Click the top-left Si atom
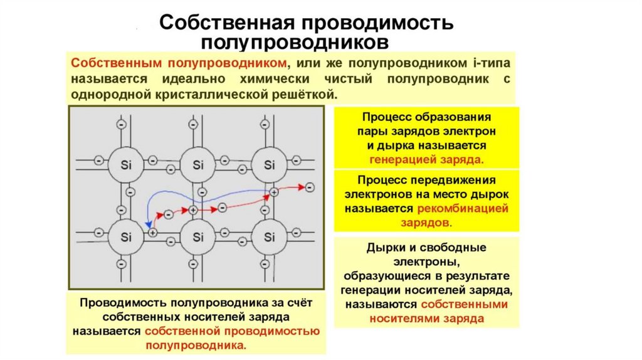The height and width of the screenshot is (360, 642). click(x=125, y=165)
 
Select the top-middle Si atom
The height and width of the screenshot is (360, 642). click(x=198, y=165)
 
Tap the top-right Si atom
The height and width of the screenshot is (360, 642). click(x=270, y=165)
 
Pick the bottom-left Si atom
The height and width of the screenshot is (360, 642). click(x=125, y=236)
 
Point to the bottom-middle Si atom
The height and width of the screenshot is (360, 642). click(x=198, y=236)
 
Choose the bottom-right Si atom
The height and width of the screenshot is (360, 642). click(x=270, y=236)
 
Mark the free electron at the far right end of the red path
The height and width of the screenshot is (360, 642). click(x=309, y=186)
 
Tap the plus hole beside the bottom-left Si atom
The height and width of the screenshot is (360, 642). click(x=152, y=232)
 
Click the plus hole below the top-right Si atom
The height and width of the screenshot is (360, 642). click(x=274, y=191)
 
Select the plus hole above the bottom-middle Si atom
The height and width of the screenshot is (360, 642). click(x=193, y=209)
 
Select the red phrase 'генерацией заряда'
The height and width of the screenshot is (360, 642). click(x=426, y=159)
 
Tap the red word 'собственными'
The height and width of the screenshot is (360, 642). click(x=464, y=304)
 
